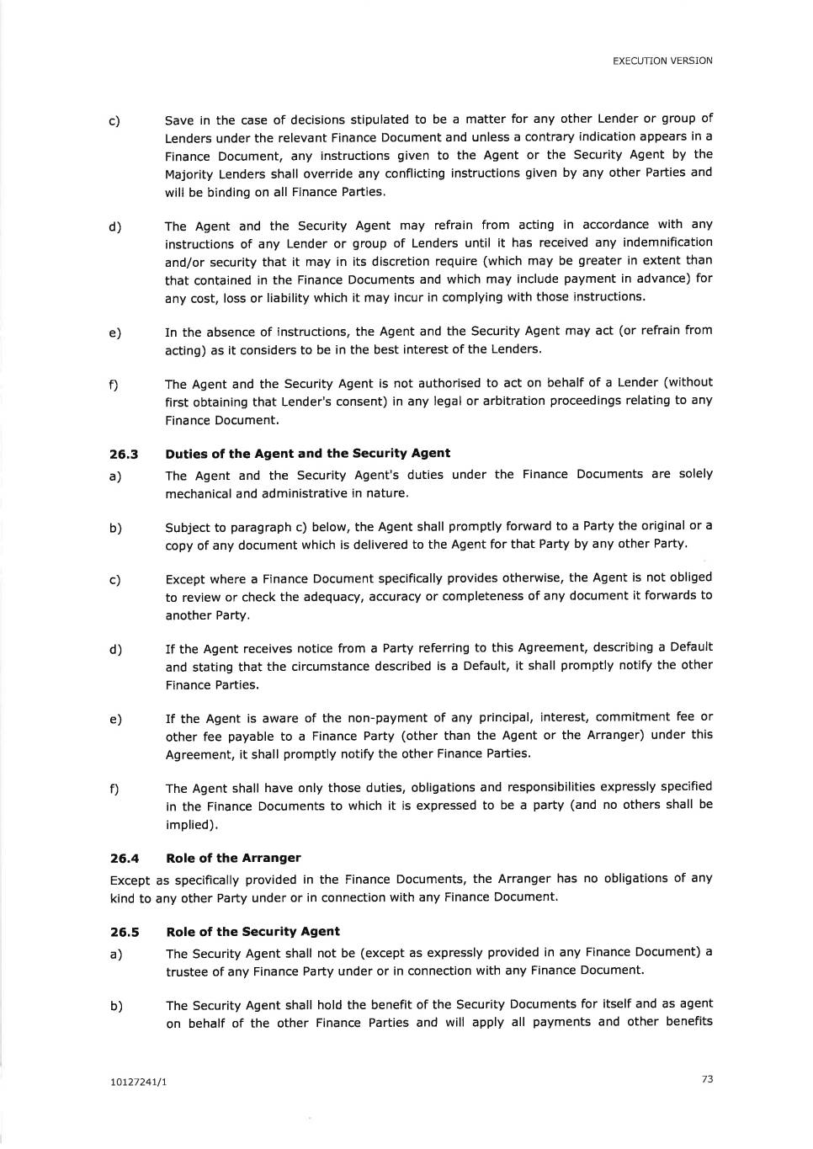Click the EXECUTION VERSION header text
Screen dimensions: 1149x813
point(662,61)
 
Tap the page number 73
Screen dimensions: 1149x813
point(707,1079)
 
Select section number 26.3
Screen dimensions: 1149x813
point(124,454)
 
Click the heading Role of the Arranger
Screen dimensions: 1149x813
point(233,858)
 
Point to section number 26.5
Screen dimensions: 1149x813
point(124,932)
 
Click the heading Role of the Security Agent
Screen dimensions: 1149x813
point(252,931)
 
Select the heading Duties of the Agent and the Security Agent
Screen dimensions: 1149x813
point(307,453)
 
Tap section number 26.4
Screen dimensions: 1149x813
point(124,859)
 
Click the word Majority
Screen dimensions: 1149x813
point(188,174)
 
